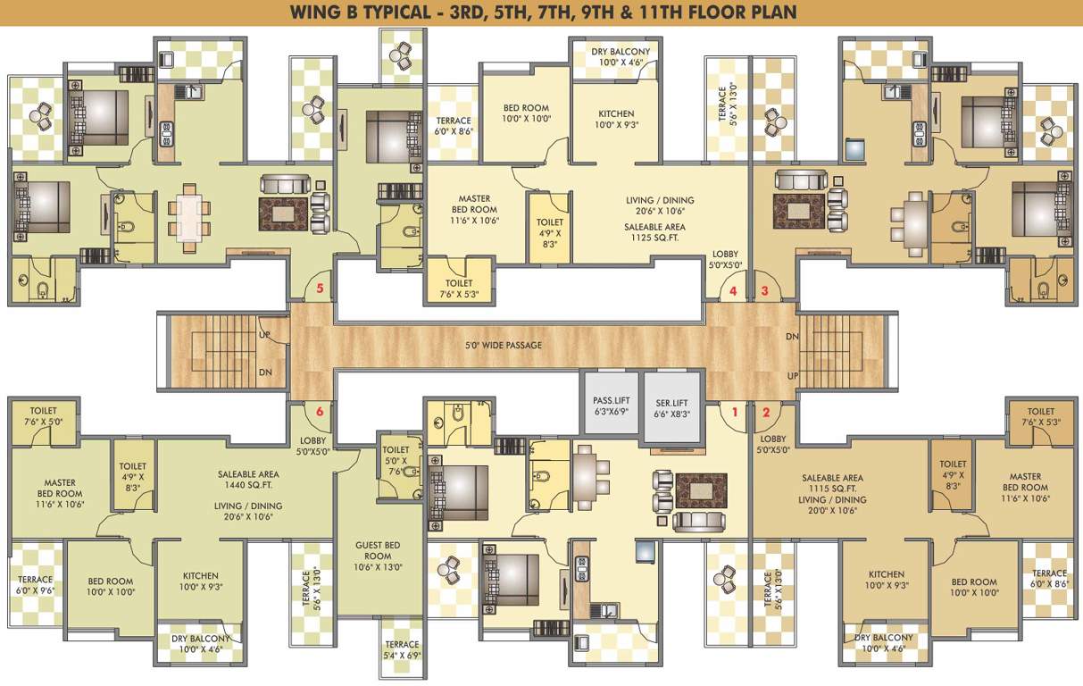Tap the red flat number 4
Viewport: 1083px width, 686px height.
click(x=733, y=291)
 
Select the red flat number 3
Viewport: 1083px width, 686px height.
click(x=764, y=291)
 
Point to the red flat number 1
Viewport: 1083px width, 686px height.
click(x=735, y=412)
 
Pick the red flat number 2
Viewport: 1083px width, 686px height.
click(x=765, y=412)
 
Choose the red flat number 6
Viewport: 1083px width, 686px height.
click(x=319, y=412)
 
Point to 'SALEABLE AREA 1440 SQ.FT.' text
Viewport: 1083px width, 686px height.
click(x=248, y=481)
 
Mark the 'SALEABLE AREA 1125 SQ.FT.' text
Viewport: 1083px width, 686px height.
click(x=654, y=233)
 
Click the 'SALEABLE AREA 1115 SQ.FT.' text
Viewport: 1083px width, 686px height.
click(x=832, y=483)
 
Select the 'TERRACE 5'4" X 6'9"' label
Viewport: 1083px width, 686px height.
click(x=402, y=649)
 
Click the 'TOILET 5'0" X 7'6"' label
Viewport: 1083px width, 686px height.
click(x=396, y=461)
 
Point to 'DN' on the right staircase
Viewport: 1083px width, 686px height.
click(x=792, y=337)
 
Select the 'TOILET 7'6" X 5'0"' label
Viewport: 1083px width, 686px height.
click(x=44, y=417)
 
